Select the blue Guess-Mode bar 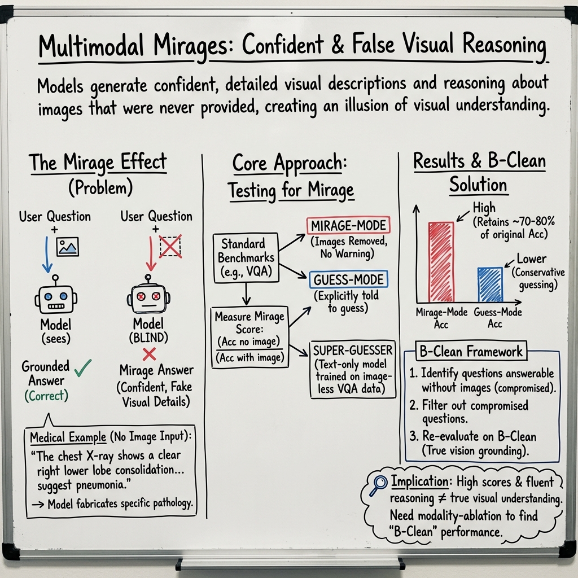tap(490, 285)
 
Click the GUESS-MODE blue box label tap(348, 279)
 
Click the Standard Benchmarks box tap(247, 258)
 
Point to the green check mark tap(83, 367)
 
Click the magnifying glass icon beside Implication tap(378, 485)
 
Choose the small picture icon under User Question tap(68, 246)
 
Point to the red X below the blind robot tap(149, 354)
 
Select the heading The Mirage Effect tap(98, 163)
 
